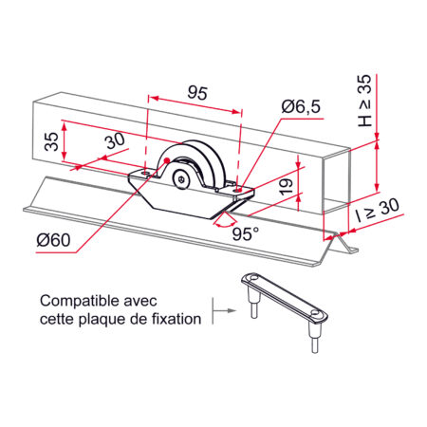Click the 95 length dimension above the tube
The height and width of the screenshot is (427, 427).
point(197,93)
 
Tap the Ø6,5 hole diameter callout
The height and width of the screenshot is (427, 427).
point(301,106)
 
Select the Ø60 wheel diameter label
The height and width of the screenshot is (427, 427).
point(53,240)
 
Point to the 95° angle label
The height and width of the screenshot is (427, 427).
point(245,234)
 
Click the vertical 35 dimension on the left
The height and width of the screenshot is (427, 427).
point(52,141)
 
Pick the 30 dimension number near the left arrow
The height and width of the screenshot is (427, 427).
point(115,141)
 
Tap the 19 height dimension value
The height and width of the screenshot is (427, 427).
point(287,187)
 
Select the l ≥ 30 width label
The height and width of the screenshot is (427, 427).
point(377,211)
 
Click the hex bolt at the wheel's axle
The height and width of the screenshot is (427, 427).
point(181,179)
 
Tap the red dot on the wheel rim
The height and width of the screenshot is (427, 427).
point(167,160)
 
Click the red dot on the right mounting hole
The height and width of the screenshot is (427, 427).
point(239,191)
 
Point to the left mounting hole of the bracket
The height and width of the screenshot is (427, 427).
point(145,174)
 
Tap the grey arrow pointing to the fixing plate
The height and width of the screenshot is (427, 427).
point(225,310)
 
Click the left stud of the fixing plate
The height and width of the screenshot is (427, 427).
point(253,303)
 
